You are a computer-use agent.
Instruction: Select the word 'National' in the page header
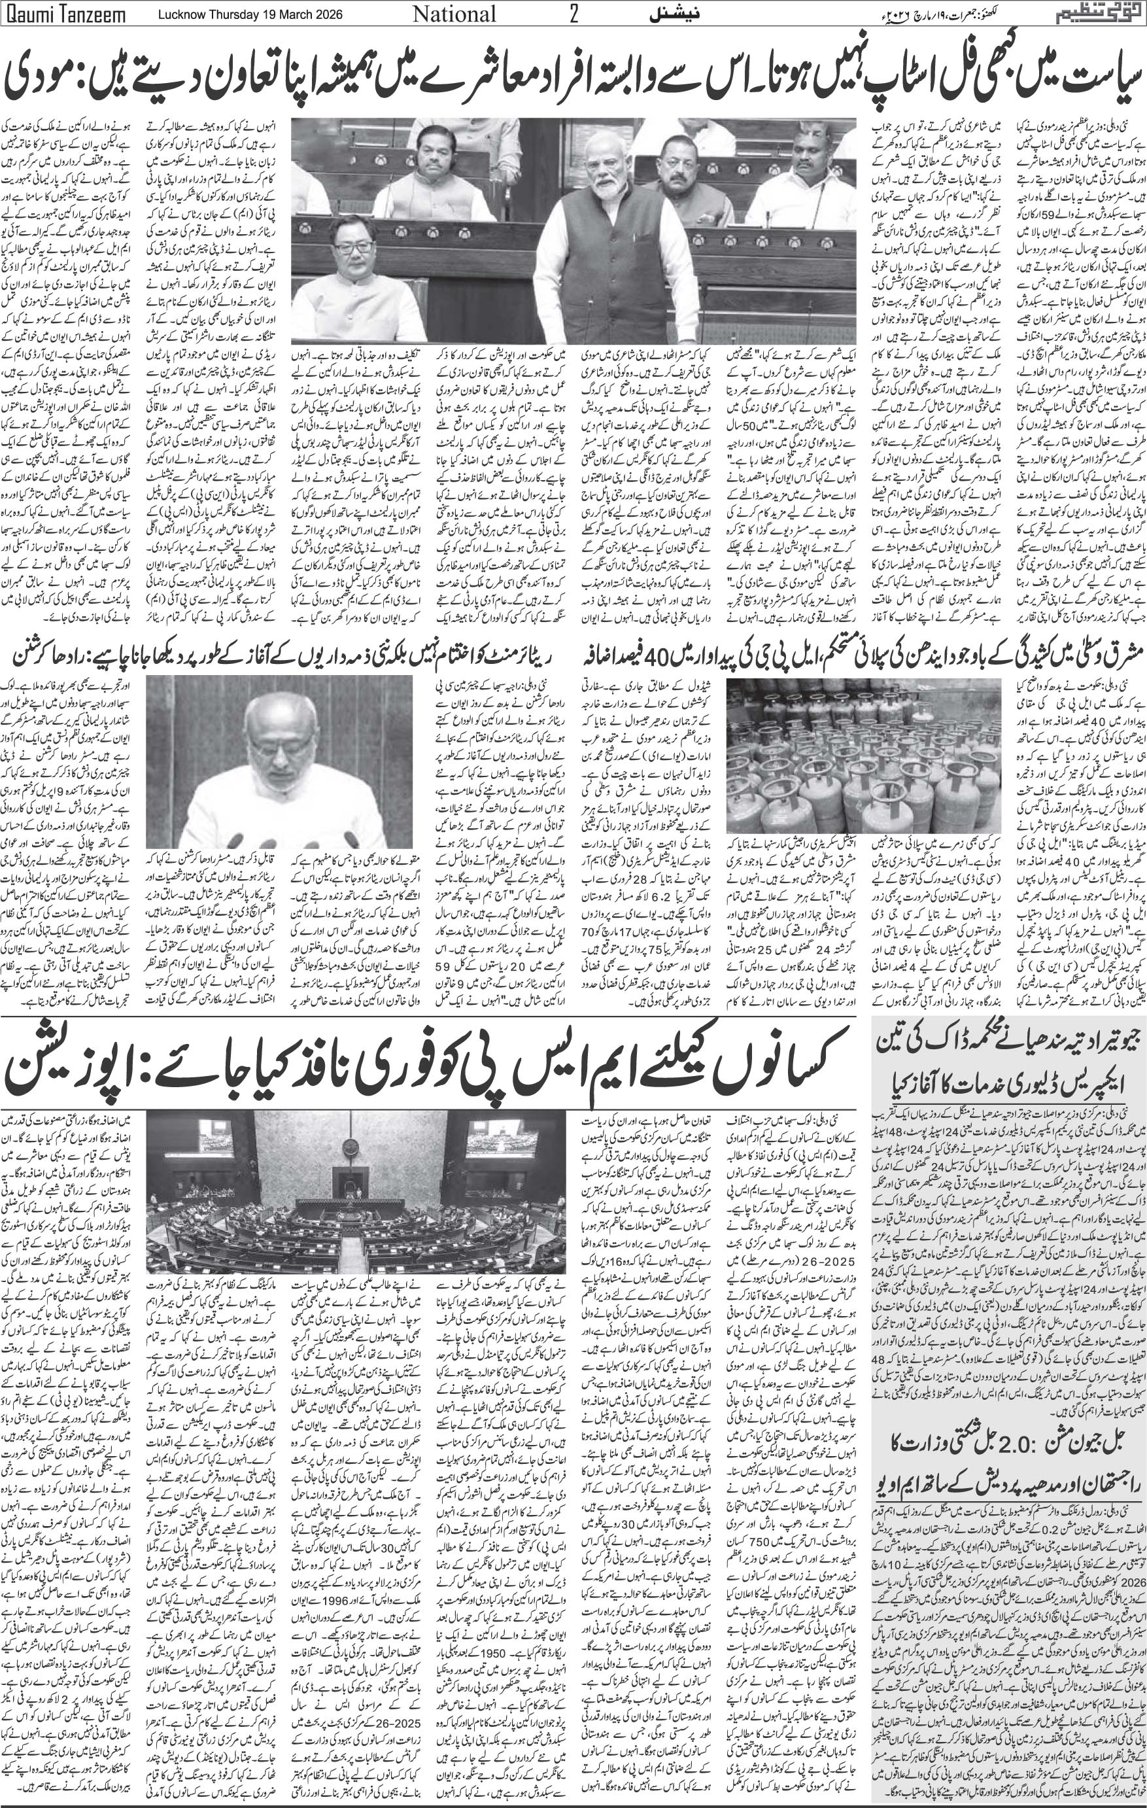tap(455, 14)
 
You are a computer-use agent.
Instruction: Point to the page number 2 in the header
tap(573, 14)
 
